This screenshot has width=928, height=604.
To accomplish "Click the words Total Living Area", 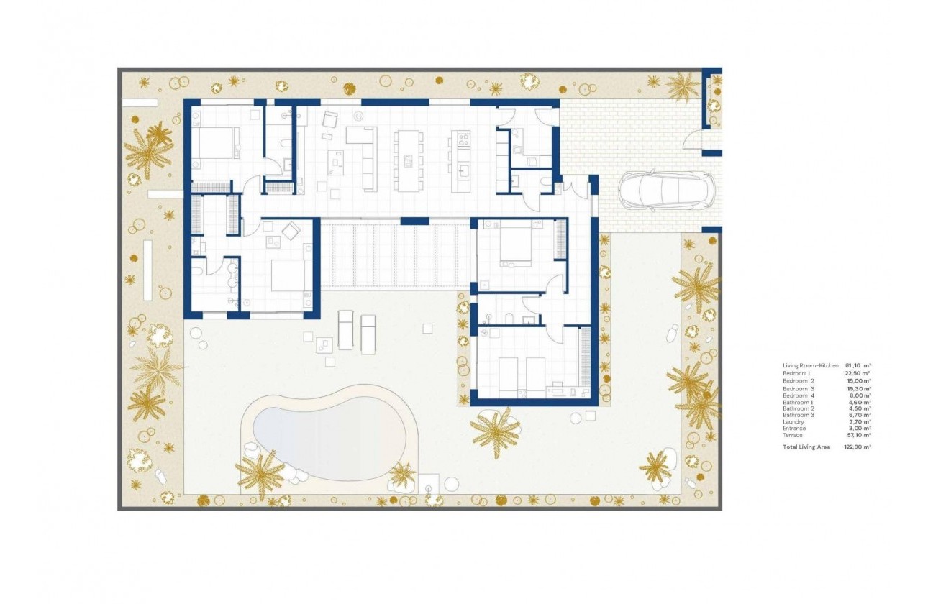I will coord(806,447).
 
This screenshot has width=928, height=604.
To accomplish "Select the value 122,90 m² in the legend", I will coord(858,447).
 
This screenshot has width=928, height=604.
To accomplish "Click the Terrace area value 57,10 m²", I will coord(858,435).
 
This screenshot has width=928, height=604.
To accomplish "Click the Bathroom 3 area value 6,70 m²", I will coord(858,416).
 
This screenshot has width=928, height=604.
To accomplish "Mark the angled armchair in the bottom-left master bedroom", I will coord(291,232).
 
